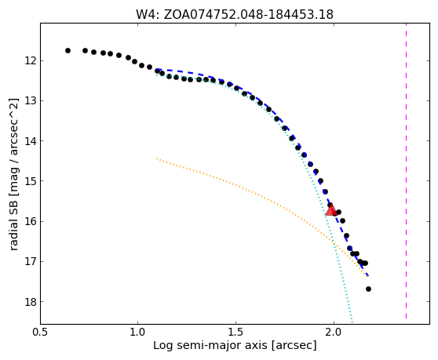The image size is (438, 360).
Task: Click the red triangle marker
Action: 331,210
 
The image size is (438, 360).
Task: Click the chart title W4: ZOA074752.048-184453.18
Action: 235,15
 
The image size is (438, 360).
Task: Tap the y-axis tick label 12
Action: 30,60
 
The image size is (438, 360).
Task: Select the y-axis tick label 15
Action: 30,181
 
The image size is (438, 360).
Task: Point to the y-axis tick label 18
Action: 30,302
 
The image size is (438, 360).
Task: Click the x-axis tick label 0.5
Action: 41,332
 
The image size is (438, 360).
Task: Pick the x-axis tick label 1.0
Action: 138,332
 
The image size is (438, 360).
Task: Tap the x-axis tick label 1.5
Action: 236,332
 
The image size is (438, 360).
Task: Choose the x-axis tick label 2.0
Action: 334,332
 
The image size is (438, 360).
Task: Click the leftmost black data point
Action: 68,50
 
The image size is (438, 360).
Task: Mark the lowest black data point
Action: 368,289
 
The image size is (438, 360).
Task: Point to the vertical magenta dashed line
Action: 406,171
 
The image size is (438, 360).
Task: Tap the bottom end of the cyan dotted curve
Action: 352,322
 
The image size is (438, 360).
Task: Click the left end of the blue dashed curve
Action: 157,69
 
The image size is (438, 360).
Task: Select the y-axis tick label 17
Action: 30,261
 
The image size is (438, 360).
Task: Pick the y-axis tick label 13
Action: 30,100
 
